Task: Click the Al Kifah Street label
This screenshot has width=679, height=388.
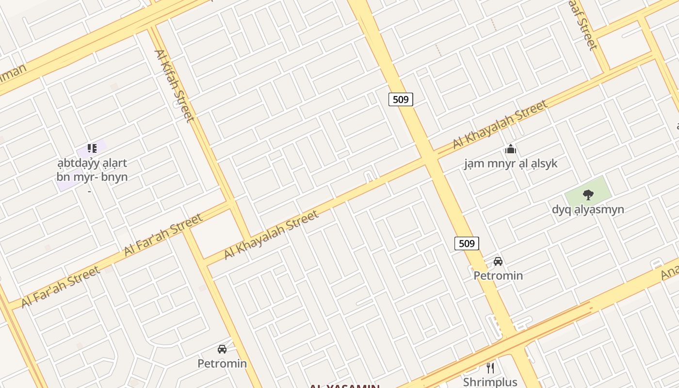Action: pyautogui.click(x=175, y=85)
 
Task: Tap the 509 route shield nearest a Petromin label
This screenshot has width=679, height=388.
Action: pyautogui.click(x=467, y=243)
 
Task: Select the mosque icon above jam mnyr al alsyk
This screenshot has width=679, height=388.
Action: pyautogui.click(x=510, y=149)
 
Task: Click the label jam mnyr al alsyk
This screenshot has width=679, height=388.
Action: pyautogui.click(x=511, y=163)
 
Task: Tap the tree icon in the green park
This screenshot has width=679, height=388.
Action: pyautogui.click(x=588, y=195)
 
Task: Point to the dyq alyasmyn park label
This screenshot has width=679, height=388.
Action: pyautogui.click(x=588, y=210)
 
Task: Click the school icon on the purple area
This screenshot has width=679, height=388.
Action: pyautogui.click(x=92, y=148)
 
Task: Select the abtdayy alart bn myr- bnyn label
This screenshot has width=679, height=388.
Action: pyautogui.click(x=92, y=170)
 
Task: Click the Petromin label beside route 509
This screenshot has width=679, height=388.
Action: pyautogui.click(x=498, y=275)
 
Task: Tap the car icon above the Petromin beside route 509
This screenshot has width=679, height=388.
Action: pyautogui.click(x=498, y=261)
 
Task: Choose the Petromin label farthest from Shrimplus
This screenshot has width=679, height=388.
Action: pyautogui.click(x=222, y=363)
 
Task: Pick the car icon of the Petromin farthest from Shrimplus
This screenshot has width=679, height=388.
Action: pyautogui.click(x=222, y=349)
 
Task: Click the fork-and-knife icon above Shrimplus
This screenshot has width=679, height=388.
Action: pyautogui.click(x=490, y=368)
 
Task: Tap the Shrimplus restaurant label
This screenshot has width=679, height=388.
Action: pyautogui.click(x=490, y=382)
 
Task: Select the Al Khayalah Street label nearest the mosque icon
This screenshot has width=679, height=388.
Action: pyautogui.click(x=500, y=124)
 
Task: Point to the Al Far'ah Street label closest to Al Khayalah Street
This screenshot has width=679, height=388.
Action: pyautogui.click(x=163, y=235)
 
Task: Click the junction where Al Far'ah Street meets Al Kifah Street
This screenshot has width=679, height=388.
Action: pyautogui.click(x=232, y=202)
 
